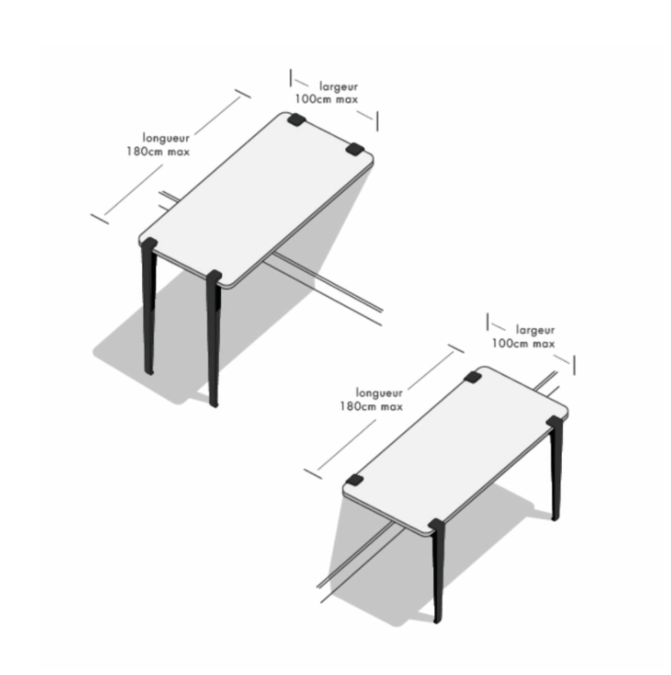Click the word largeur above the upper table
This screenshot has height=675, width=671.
pyautogui.click(x=338, y=86)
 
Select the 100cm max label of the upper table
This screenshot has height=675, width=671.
pyautogui.click(x=326, y=99)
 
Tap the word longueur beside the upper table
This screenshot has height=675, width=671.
pyautogui.click(x=165, y=138)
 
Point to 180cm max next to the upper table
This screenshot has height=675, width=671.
pyautogui.click(x=158, y=151)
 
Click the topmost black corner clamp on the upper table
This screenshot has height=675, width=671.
pyautogui.click(x=297, y=119)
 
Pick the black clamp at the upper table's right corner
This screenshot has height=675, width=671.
pyautogui.click(x=354, y=149)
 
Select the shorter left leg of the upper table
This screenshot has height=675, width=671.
pyautogui.click(x=148, y=306)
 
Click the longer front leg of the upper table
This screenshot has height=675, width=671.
pyautogui.click(x=214, y=338)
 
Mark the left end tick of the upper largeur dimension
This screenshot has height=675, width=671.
pyautogui.click(x=290, y=77)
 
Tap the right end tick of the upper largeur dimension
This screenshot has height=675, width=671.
pyautogui.click(x=377, y=121)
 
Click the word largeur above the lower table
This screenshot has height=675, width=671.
pyautogui.click(x=535, y=330)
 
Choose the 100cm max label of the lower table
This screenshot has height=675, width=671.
pyautogui.click(x=523, y=343)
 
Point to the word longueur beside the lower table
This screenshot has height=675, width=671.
pyautogui.click(x=379, y=393)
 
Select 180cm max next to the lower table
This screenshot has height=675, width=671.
pyautogui.click(x=371, y=406)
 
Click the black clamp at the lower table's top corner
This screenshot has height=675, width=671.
pyautogui.click(x=473, y=377)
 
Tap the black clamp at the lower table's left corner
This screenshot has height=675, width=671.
pyautogui.click(x=354, y=480)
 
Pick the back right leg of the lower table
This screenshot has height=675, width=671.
pyautogui.click(x=555, y=468)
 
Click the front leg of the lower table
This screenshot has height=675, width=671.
pyautogui.click(x=437, y=571)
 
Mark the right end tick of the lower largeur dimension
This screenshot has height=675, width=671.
pyautogui.click(x=573, y=365)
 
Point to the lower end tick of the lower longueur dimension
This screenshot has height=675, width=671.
pyautogui.click(x=313, y=474)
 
